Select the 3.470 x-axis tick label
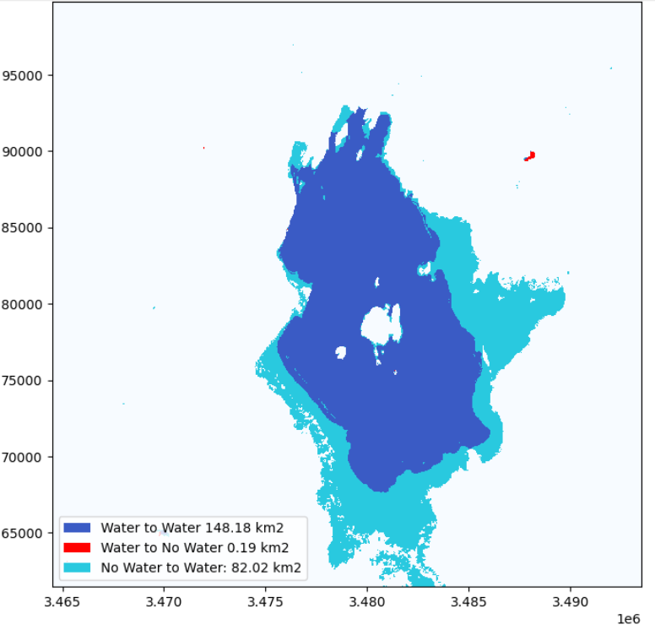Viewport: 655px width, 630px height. tap(164, 602)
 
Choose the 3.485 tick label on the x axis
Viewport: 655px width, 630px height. tap(468, 602)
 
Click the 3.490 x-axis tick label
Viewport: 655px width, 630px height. tap(571, 602)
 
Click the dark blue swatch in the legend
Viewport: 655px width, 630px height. tap(77, 528)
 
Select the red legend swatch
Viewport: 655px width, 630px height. tap(77, 547)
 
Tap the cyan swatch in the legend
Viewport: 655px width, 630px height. tap(77, 567)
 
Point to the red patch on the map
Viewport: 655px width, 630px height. tap(530, 155)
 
